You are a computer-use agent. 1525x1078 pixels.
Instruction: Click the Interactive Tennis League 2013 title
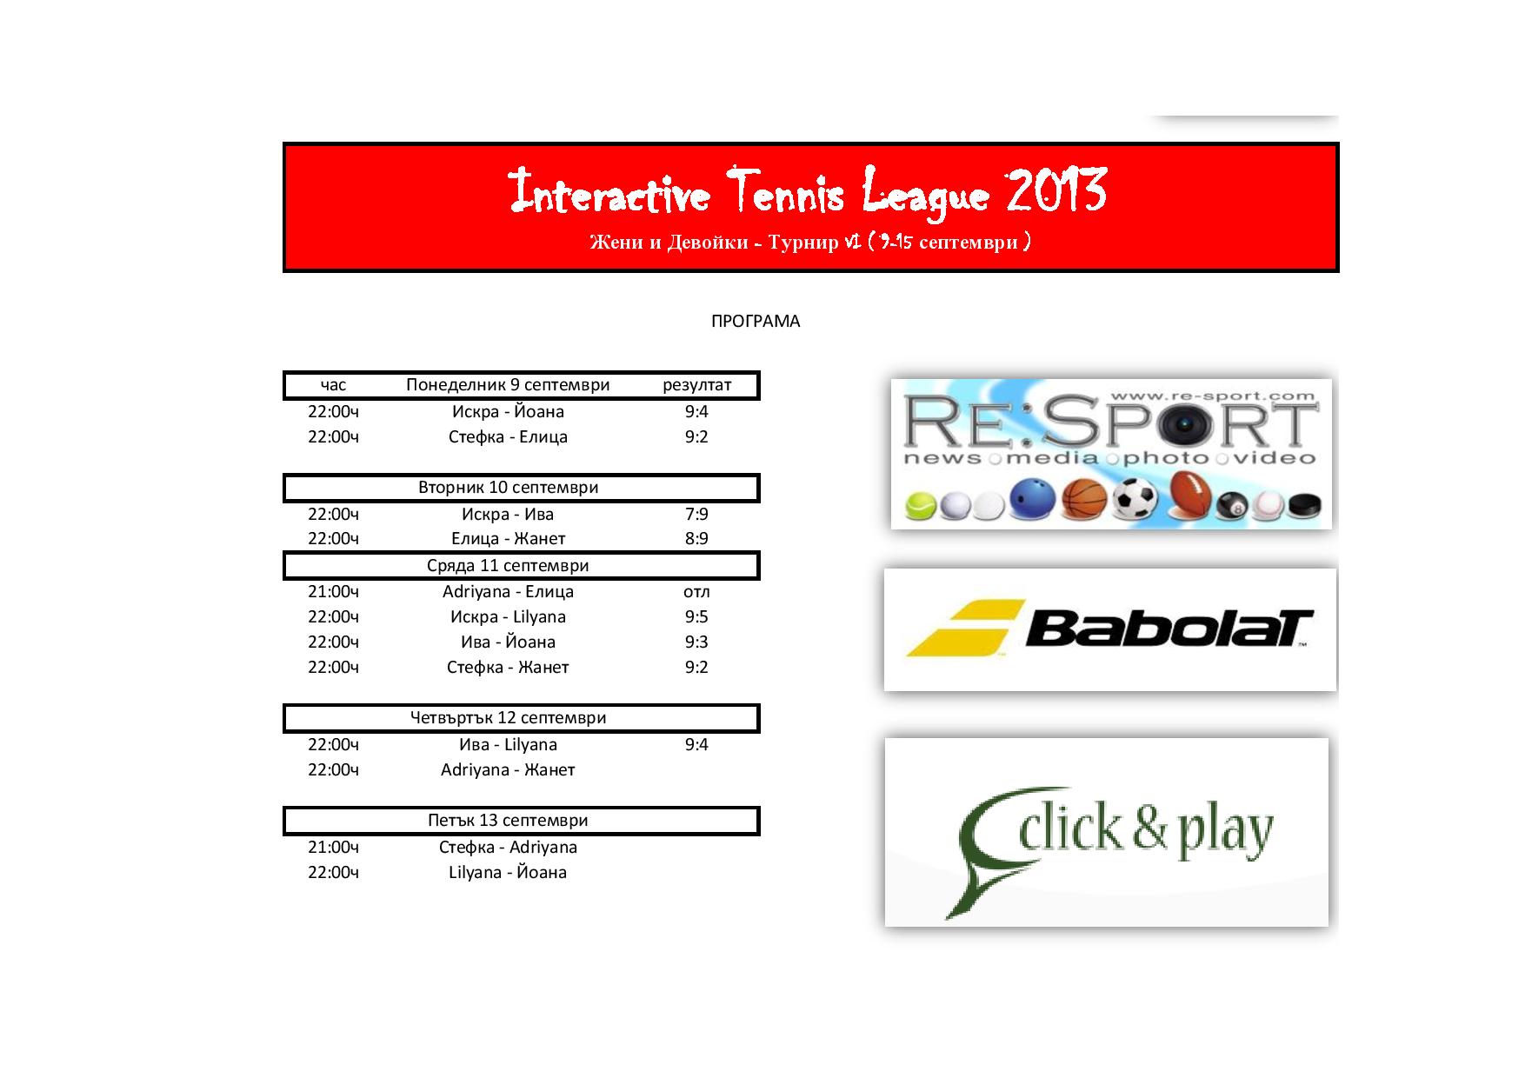point(808,191)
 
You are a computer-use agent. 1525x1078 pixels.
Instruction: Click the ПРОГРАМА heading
point(756,322)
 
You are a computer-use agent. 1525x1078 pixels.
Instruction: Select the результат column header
point(696,385)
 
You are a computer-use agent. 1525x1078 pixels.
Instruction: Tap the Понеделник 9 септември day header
point(508,385)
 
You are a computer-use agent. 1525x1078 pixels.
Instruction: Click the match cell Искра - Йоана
point(508,412)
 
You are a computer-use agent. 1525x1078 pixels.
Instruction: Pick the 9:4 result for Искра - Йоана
point(696,412)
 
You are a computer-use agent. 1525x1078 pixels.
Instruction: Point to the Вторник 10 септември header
point(508,488)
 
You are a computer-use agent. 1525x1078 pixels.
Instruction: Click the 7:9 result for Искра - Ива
point(696,515)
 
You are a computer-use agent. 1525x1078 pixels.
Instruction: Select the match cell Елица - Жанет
point(508,539)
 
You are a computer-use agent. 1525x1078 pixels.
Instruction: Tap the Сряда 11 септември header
point(508,566)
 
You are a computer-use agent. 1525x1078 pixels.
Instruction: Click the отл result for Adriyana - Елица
point(696,592)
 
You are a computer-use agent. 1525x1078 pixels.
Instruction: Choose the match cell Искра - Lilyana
point(508,617)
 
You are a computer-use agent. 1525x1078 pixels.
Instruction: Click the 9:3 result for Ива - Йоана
point(696,642)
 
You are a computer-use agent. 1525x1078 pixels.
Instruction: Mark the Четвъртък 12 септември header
point(508,718)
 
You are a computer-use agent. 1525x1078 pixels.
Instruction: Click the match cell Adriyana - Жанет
point(508,770)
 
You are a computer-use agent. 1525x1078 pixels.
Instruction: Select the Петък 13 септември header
point(508,821)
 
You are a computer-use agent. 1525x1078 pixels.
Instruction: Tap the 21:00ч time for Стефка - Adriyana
point(333,848)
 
